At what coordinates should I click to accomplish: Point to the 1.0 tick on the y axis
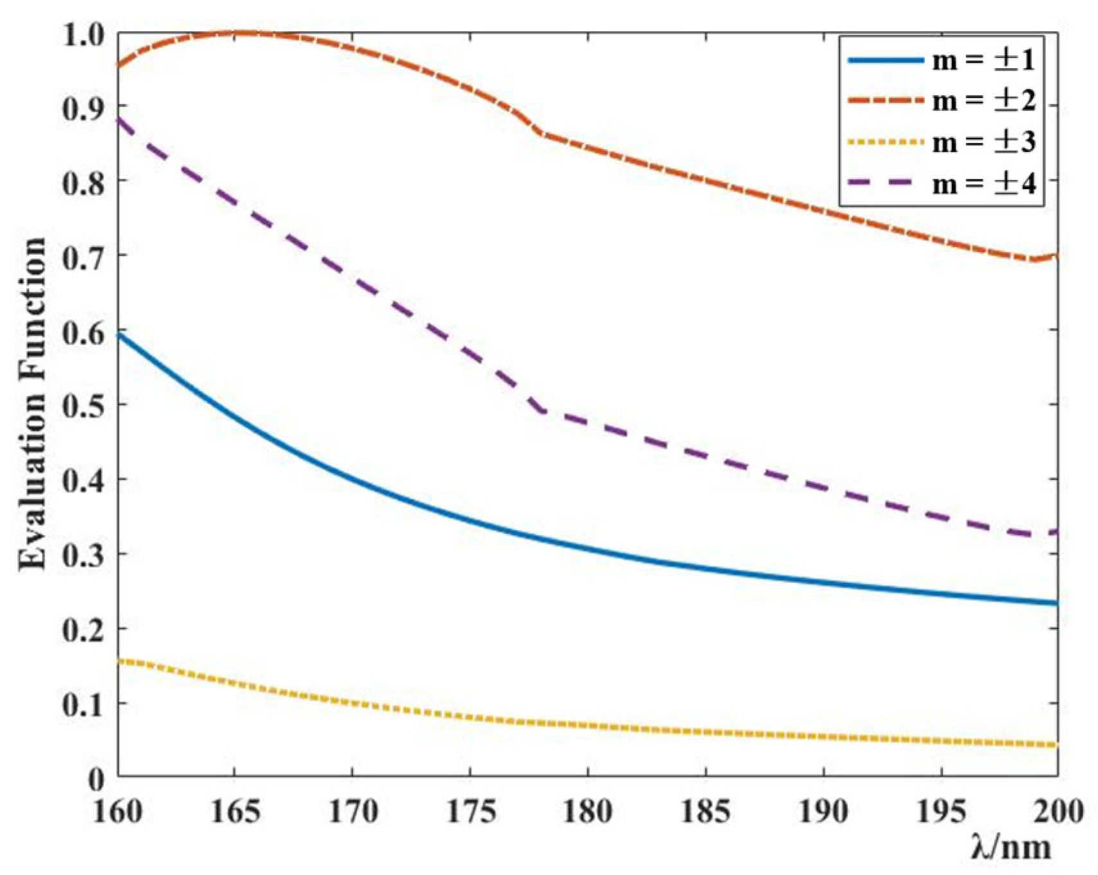(x=83, y=34)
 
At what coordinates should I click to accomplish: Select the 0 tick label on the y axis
(x=96, y=779)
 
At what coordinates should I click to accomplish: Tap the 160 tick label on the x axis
(x=118, y=811)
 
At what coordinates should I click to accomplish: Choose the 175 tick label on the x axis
(x=470, y=811)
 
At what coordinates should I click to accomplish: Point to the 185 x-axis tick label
(x=705, y=811)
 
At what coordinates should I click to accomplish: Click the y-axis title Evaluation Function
(x=32, y=404)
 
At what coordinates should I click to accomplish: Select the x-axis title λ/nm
(x=1011, y=848)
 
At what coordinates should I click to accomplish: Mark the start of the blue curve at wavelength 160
(x=119, y=335)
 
